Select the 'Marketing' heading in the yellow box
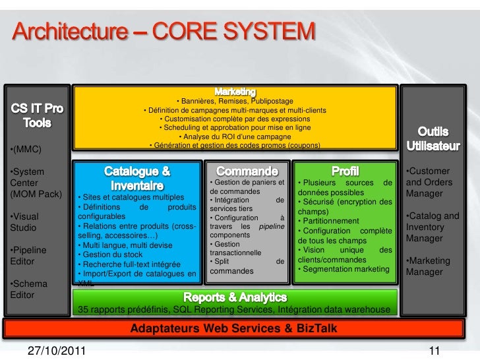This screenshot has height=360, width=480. point(235,90)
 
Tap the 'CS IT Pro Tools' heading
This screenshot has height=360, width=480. point(37,115)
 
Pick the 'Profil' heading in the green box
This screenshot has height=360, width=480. point(345,171)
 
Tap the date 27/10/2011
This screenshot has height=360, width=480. point(55,350)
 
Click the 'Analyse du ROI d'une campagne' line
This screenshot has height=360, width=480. point(235,136)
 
